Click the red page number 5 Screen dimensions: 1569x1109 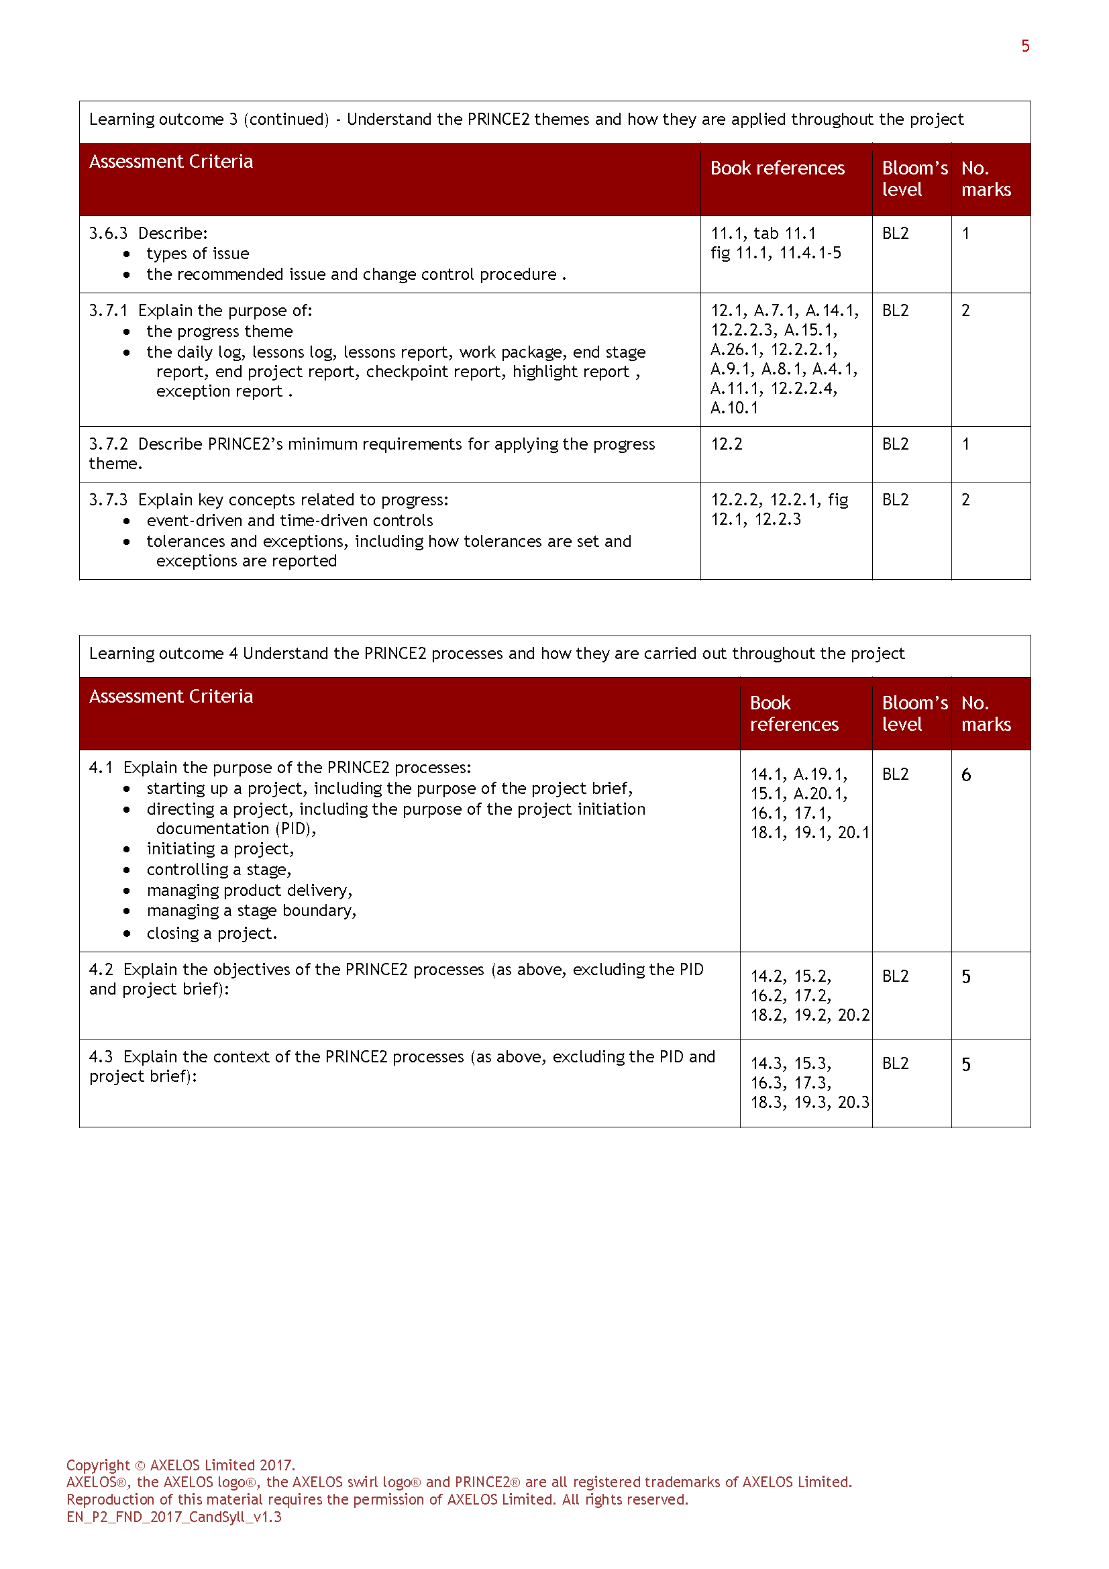click(x=1025, y=46)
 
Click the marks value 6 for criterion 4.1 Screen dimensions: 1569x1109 click(x=965, y=774)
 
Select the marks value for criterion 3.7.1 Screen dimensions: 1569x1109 click(x=965, y=310)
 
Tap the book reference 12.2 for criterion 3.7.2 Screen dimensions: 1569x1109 click(x=726, y=444)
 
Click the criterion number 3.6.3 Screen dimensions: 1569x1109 click(x=108, y=233)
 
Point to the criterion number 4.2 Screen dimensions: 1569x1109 click(x=101, y=969)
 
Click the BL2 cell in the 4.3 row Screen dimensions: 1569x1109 click(x=895, y=1063)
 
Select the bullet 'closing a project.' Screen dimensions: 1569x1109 click(x=212, y=933)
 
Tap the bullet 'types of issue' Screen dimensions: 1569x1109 click(x=197, y=254)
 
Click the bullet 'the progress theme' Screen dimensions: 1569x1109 click(x=219, y=332)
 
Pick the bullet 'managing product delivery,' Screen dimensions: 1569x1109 click(x=250, y=890)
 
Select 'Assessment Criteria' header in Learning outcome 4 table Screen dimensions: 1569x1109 click(x=171, y=696)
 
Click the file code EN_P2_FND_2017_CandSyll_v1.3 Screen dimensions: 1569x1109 click(x=174, y=1517)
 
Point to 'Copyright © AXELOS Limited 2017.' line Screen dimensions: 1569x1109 click(x=180, y=1464)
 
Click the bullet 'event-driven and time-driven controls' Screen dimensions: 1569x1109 click(x=290, y=521)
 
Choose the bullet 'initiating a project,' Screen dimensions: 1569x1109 click(x=220, y=849)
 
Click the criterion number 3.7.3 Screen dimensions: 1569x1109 click(x=108, y=499)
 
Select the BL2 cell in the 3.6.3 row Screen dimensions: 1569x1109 click(x=895, y=233)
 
